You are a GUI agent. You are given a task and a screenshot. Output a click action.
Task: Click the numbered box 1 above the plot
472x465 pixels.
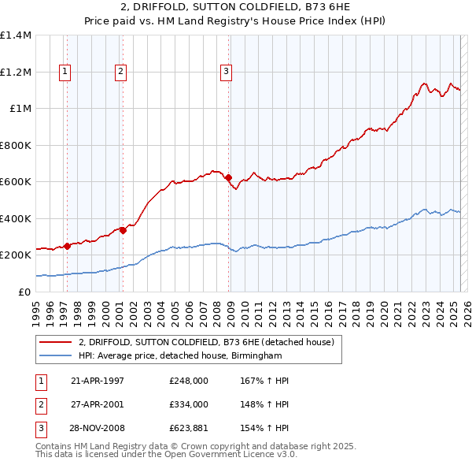65,72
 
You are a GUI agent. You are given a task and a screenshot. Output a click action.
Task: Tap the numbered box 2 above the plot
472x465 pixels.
121,72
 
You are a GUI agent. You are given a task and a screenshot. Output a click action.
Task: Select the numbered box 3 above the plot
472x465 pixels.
226,72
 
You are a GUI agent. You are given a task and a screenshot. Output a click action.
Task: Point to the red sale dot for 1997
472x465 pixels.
68,246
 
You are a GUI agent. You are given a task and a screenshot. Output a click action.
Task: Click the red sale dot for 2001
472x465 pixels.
124,230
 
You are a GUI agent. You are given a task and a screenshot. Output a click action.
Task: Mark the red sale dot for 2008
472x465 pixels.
229,177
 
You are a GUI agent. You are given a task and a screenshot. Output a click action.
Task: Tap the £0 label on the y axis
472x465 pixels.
23,292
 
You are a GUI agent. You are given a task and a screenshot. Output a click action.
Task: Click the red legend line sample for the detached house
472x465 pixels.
56,342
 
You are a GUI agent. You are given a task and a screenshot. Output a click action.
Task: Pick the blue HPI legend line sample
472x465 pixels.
56,356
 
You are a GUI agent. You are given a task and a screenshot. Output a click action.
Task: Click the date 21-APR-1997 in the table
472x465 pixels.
98,381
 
